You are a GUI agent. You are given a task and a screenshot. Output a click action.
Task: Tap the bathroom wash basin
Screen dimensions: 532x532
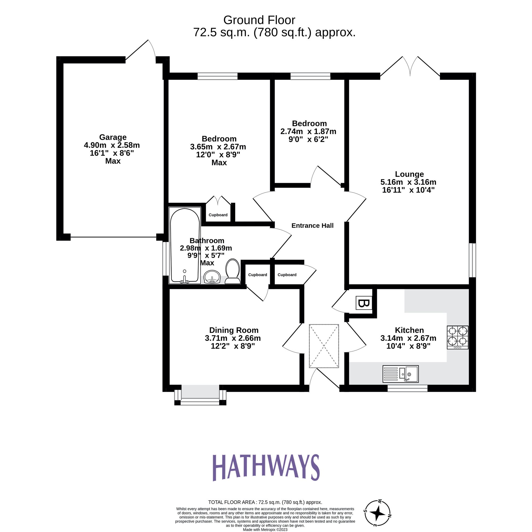(x=212, y=277)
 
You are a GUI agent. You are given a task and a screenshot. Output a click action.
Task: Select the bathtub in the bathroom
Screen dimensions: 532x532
(x=185, y=245)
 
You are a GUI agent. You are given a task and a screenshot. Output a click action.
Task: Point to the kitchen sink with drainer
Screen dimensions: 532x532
(x=400, y=374)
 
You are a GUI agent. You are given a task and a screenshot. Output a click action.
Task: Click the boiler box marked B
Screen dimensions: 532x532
(x=364, y=303)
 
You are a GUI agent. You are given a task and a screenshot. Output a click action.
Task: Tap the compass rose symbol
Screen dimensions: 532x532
(x=377, y=513)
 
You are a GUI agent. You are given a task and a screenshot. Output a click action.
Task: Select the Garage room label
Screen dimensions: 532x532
(x=113, y=137)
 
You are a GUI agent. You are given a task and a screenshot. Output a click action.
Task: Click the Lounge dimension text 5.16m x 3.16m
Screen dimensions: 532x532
(x=408, y=182)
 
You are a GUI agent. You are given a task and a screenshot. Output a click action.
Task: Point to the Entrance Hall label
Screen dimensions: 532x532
(x=312, y=226)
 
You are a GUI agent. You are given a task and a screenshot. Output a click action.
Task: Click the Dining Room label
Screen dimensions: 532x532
(x=234, y=330)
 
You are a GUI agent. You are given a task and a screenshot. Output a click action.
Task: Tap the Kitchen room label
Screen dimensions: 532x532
(x=409, y=330)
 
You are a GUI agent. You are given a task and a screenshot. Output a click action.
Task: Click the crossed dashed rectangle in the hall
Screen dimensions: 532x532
(x=324, y=346)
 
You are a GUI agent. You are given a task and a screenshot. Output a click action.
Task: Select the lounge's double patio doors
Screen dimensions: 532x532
(x=410, y=67)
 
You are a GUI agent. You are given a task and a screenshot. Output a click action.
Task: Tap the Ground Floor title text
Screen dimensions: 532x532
(x=259, y=20)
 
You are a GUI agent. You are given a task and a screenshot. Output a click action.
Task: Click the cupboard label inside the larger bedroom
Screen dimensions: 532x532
(x=218, y=215)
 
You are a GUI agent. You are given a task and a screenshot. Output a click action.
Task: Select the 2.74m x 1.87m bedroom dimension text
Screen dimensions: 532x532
(x=308, y=131)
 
